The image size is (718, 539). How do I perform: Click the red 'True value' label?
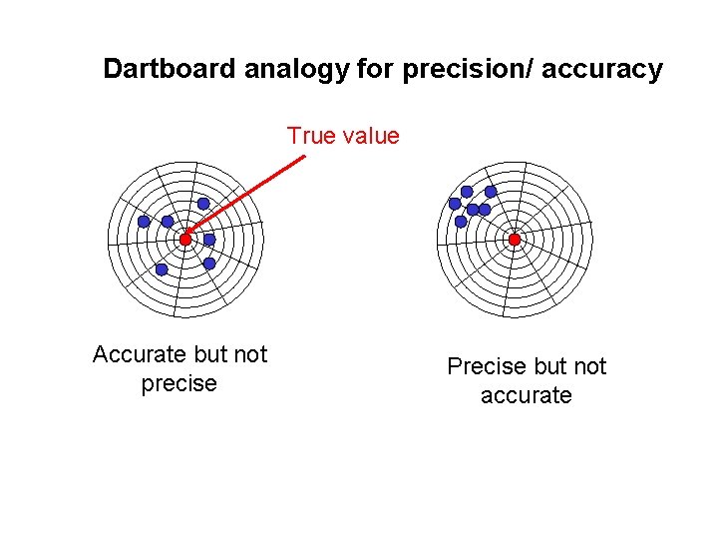343,136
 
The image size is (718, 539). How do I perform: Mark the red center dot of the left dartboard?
185,240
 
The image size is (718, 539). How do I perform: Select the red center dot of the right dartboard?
515,240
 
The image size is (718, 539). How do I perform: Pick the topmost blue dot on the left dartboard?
203,204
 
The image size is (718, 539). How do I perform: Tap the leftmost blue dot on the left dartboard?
144,222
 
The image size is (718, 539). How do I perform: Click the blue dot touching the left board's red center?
209,240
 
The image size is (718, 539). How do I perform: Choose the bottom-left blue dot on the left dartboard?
162,269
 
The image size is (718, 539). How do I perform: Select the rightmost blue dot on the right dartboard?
491,191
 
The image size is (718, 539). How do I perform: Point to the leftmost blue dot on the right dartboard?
455,204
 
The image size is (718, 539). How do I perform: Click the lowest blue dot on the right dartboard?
461,222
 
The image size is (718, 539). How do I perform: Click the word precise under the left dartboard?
179,383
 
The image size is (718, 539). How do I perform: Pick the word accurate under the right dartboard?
526,395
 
